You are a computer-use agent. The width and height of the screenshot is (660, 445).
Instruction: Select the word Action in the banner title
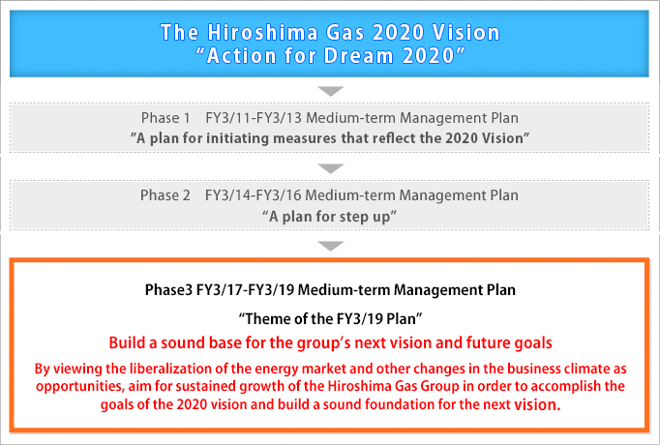(241, 55)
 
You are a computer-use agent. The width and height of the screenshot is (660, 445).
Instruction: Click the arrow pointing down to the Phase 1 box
(330, 91)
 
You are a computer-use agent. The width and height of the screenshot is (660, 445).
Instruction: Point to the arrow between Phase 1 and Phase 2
(330, 168)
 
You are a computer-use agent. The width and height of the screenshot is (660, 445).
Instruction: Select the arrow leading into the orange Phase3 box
(330, 246)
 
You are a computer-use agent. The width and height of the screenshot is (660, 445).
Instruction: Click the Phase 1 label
(165, 118)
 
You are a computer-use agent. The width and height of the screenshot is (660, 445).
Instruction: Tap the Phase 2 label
(165, 195)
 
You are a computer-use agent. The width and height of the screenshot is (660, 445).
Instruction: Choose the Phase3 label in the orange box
(168, 290)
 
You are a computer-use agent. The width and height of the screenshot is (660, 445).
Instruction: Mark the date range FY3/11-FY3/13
(254, 118)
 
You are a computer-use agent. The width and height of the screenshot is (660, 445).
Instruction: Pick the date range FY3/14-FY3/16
(253, 195)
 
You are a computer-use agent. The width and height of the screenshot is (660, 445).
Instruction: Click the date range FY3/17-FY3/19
(246, 290)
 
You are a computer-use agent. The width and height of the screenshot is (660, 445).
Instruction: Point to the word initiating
(237, 138)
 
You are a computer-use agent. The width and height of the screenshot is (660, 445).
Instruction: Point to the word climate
(586, 369)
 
